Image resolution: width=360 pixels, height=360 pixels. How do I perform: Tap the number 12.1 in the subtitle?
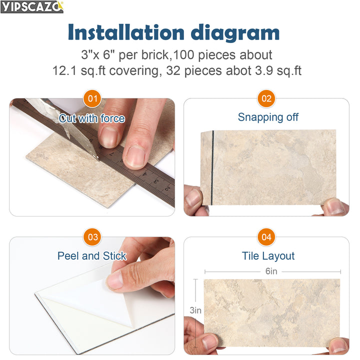click(x=67, y=70)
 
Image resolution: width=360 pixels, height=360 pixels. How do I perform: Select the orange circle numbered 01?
click(x=92, y=98)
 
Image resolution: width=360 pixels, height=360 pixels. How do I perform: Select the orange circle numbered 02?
click(x=266, y=98)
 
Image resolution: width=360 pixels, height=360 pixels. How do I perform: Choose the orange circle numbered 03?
click(x=92, y=237)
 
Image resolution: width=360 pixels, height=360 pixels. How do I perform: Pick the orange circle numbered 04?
click(x=266, y=237)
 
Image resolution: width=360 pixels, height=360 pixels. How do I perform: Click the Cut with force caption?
click(x=92, y=118)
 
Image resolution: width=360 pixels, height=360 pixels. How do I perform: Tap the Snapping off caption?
click(x=268, y=117)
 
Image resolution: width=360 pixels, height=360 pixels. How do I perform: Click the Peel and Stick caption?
click(x=92, y=256)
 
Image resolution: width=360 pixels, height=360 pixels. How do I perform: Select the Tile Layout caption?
click(x=268, y=256)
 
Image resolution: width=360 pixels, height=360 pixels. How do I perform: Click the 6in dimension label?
click(x=271, y=271)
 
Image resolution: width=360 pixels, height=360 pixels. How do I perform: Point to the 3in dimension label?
click(x=195, y=310)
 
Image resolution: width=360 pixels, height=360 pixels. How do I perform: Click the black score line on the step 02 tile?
click(x=212, y=167)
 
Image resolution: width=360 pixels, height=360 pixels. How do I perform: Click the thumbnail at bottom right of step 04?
click(x=338, y=344)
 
